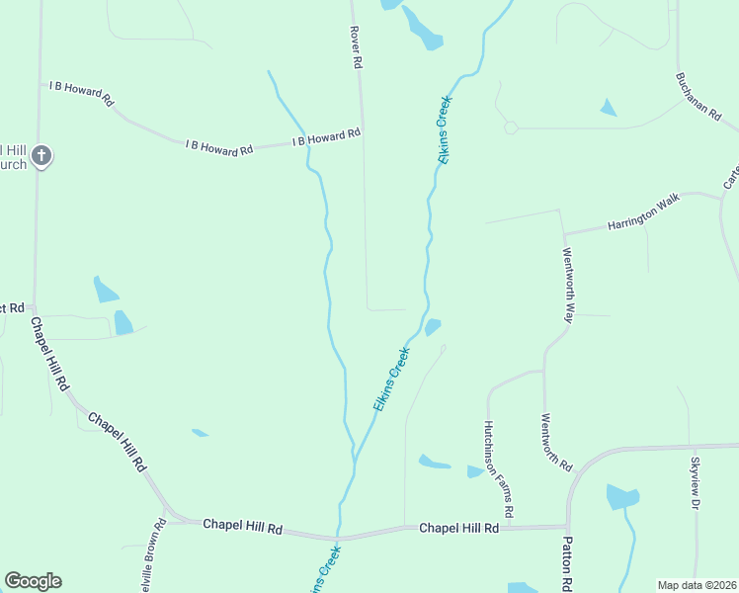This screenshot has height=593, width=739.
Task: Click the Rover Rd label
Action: [x=357, y=47]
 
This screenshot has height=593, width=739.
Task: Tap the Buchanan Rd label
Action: [x=698, y=96]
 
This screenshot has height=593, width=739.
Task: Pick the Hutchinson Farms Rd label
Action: [x=497, y=469]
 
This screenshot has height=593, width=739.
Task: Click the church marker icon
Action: [x=41, y=155]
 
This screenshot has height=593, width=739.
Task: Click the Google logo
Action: [x=33, y=581]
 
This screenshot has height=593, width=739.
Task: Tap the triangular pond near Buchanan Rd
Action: [x=608, y=108]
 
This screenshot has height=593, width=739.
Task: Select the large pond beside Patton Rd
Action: [x=622, y=496]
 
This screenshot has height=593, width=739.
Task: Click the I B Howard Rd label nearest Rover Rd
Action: [x=327, y=137]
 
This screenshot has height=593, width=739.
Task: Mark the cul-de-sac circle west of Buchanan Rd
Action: [x=511, y=127]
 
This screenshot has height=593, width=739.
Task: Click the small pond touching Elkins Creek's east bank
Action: [x=433, y=326]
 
